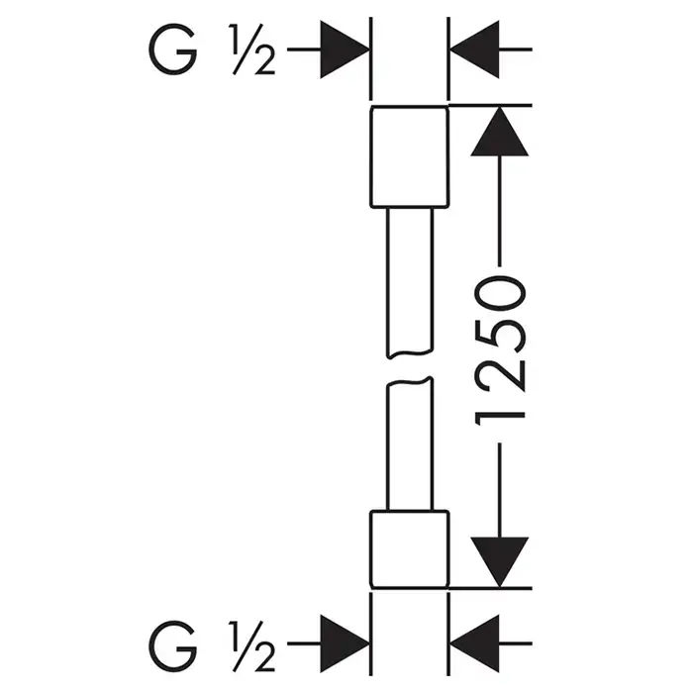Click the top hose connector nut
click(x=409, y=156)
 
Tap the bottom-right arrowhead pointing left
click(x=473, y=632)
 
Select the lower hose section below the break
click(x=409, y=445)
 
